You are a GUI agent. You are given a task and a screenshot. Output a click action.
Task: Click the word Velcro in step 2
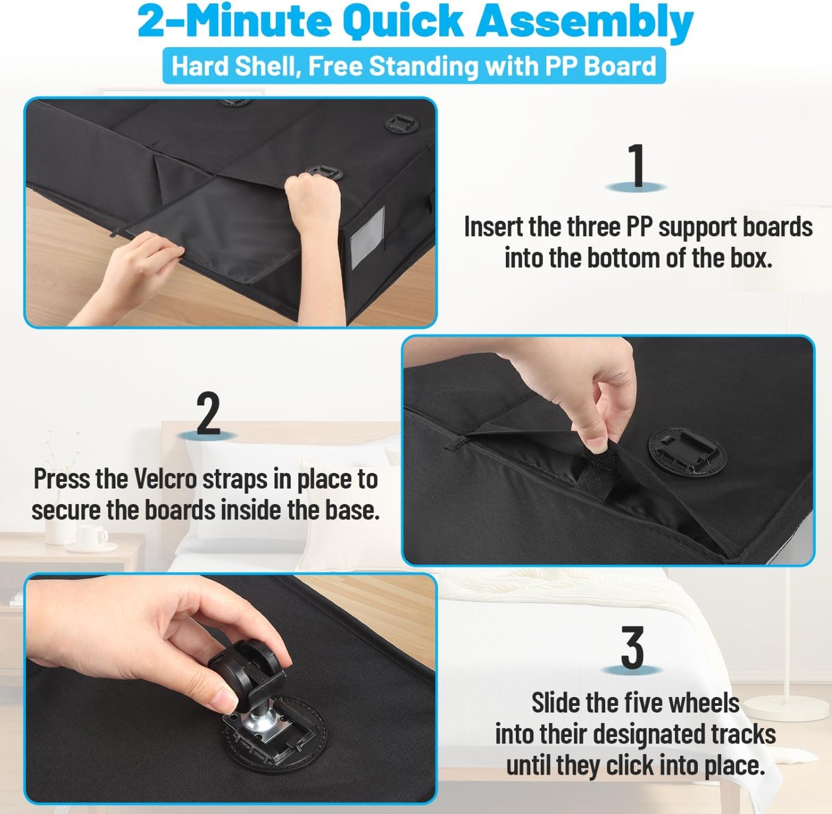(166, 480)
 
